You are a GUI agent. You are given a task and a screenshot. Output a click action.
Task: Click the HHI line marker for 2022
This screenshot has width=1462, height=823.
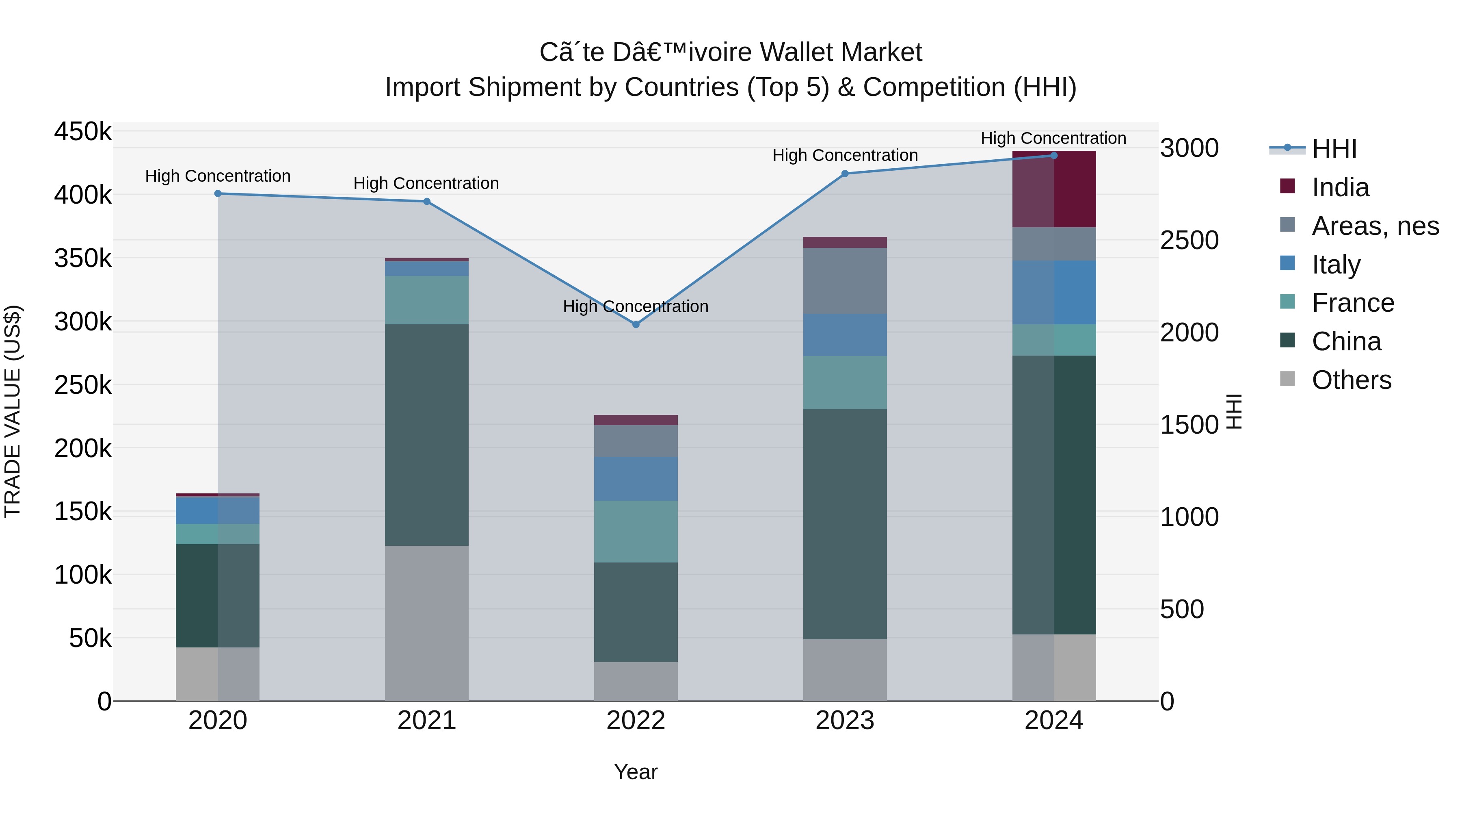tap(636, 324)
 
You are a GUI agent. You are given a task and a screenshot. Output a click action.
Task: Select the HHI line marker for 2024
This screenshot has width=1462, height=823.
tap(1054, 155)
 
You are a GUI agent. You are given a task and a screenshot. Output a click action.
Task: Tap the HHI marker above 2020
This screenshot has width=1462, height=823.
tap(218, 194)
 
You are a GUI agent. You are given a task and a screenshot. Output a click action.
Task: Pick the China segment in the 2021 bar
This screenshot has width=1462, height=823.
tap(427, 434)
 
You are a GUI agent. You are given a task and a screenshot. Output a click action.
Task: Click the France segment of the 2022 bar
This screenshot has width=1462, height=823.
tap(636, 531)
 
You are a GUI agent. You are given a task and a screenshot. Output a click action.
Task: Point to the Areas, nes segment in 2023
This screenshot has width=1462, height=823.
tap(845, 280)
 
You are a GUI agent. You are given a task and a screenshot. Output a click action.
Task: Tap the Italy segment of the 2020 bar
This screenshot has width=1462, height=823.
tap(218, 510)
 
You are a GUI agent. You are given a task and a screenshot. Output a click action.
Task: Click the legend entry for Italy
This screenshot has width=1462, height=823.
tap(1336, 265)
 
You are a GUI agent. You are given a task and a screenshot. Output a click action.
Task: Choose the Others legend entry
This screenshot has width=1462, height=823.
tap(1351, 380)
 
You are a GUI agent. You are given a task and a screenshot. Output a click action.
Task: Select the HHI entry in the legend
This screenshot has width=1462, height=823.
tap(1334, 149)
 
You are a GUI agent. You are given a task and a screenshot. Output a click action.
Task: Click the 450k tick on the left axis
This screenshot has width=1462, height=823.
tap(83, 132)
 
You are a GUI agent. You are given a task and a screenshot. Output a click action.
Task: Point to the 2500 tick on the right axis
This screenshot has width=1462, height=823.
tap(1188, 240)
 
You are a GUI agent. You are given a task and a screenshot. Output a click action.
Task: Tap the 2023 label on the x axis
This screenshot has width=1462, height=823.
tap(845, 721)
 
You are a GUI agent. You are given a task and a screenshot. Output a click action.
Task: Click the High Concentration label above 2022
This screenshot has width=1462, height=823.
tap(636, 307)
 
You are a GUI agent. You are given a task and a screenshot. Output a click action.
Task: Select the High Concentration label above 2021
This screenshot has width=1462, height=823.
tap(426, 183)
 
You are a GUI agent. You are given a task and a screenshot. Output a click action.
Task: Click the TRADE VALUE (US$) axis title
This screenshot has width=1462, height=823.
tap(13, 411)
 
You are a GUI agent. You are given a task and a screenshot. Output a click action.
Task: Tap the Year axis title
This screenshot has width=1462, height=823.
tap(636, 772)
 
